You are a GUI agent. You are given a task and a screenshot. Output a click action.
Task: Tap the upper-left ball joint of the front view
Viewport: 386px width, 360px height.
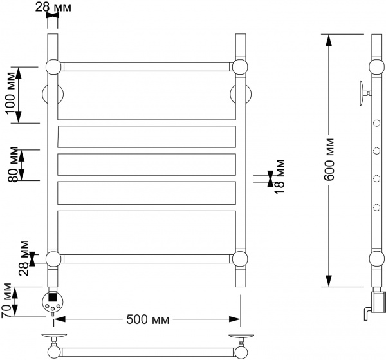pyautogui.click(x=53, y=67)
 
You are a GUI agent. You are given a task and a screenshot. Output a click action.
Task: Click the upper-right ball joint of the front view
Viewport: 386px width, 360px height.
pyautogui.click(x=241, y=67)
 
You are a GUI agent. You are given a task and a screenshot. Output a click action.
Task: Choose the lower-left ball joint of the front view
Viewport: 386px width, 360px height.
pyautogui.click(x=53, y=259)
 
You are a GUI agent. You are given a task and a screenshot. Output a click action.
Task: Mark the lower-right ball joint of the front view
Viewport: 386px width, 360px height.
pyautogui.click(x=241, y=259)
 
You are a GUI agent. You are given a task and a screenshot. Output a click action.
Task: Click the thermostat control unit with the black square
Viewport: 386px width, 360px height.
pyautogui.click(x=53, y=300)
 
